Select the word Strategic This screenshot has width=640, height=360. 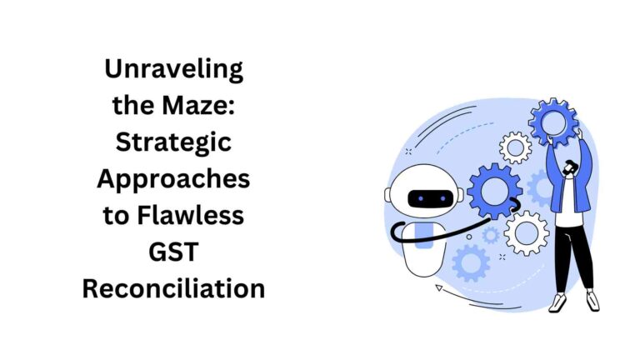(173, 142)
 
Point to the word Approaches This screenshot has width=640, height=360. (173, 178)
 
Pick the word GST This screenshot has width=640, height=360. (173, 252)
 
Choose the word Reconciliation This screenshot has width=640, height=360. (173, 288)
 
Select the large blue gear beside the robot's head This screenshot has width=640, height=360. (494, 192)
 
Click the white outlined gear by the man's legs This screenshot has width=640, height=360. (527, 232)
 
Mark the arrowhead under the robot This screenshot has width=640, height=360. (438, 288)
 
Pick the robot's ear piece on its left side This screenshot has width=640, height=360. (388, 195)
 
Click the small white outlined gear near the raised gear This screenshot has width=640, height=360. (516, 147)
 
